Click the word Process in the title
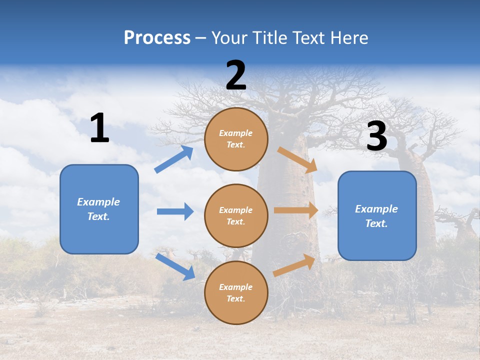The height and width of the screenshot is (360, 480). pyautogui.click(x=157, y=38)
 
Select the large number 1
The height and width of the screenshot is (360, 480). pyautogui.click(x=99, y=128)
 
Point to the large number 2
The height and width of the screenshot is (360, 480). pyautogui.click(x=236, y=75)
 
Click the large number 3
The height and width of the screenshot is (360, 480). pyautogui.click(x=376, y=136)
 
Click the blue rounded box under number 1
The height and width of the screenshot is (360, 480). pyautogui.click(x=99, y=209)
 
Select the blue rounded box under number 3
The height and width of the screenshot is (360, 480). pyautogui.click(x=377, y=215)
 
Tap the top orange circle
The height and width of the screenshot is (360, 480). pyautogui.click(x=236, y=139)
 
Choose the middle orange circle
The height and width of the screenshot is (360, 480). pyautogui.click(x=236, y=215)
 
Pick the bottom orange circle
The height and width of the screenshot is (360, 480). pyautogui.click(x=236, y=292)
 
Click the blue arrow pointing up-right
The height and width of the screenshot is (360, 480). pyautogui.click(x=174, y=159)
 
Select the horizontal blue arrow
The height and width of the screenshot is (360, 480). pyautogui.click(x=175, y=211)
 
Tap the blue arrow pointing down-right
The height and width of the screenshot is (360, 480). pyautogui.click(x=175, y=266)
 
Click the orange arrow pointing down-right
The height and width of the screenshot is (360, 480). pyautogui.click(x=297, y=160)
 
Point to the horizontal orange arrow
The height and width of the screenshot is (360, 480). pyautogui.click(x=296, y=210)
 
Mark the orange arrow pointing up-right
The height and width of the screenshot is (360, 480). pyautogui.click(x=294, y=265)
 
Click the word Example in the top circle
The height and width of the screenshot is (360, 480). pyautogui.click(x=236, y=133)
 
